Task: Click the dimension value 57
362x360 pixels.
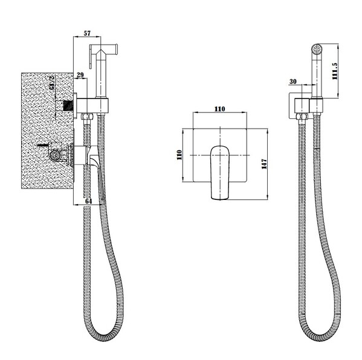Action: [87, 33]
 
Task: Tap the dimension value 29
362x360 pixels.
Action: [80, 75]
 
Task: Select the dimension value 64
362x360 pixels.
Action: [89, 201]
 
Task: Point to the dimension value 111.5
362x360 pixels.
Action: [335, 71]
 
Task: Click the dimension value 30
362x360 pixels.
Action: [293, 82]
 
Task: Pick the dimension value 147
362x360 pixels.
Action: [264, 164]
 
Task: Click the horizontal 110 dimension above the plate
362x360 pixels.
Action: [220, 109]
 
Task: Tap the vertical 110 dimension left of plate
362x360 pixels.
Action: [179, 155]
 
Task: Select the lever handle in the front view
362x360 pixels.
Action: [220, 172]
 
